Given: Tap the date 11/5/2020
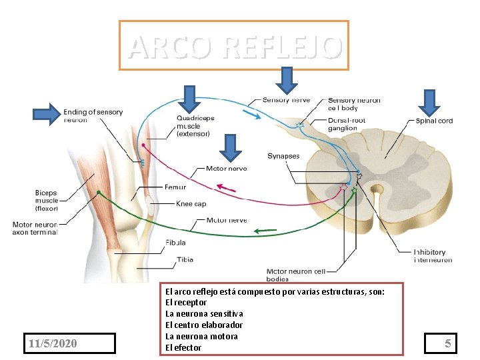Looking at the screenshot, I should coord(53,343).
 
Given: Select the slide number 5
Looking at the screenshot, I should coord(449,343).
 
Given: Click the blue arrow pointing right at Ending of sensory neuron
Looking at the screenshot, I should coord(45,115).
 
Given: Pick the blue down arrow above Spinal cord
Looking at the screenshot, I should coord(427,103).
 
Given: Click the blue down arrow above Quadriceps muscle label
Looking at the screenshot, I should coord(189,98).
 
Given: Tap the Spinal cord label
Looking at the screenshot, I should coord(434,121).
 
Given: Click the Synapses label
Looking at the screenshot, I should coord(283,156).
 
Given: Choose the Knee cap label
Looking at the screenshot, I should coord(191,204).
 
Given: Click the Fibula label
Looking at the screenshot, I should coord(177,243).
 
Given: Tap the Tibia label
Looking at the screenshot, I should coord(185,259).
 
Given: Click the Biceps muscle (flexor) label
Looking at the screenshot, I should coord(46,200).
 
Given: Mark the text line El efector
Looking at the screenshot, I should coord(183,347).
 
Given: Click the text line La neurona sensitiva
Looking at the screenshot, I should coord(204,313).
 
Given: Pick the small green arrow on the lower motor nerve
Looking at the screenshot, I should coord(265,231).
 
